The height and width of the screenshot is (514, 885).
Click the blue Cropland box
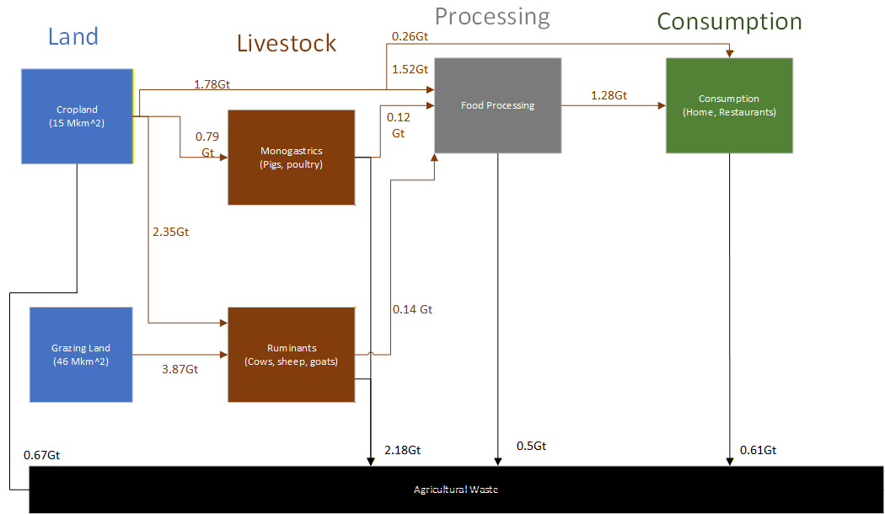(x=78, y=115)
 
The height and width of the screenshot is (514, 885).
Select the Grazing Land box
(x=81, y=354)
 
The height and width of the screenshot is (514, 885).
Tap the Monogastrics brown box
(x=291, y=158)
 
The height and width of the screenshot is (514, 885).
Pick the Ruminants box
(x=291, y=354)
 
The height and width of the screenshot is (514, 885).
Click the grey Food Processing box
(x=497, y=105)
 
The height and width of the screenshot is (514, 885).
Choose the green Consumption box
(x=729, y=105)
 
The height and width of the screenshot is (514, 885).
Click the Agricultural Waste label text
(x=456, y=490)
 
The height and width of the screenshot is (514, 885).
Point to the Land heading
(x=73, y=36)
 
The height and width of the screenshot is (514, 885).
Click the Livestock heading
(x=286, y=43)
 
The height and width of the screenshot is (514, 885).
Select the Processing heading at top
(x=492, y=16)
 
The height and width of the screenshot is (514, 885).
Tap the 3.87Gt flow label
(x=180, y=369)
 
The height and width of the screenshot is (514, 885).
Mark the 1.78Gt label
(x=212, y=84)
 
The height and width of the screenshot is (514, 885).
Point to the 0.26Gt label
(x=409, y=36)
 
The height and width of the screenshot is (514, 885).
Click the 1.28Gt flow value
(x=609, y=95)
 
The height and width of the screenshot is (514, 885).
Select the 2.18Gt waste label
(x=402, y=450)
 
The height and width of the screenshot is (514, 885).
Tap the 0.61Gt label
(x=758, y=450)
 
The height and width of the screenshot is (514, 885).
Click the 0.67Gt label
(x=41, y=455)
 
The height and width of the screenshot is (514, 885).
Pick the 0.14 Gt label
(x=412, y=309)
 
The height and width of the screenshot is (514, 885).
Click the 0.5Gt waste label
(x=531, y=446)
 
